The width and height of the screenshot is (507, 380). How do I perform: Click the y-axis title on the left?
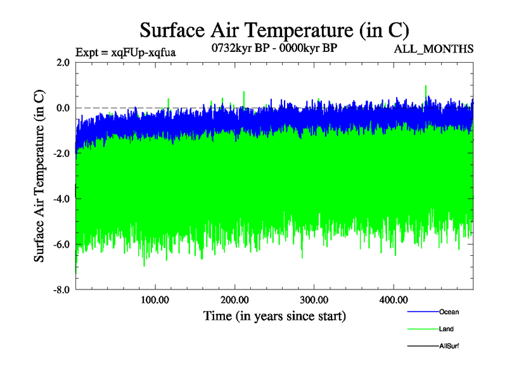point(39,175)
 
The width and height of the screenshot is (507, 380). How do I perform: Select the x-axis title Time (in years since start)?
point(274,315)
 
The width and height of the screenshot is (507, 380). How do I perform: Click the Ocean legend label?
point(449,312)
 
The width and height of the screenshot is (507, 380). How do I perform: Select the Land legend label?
point(446,329)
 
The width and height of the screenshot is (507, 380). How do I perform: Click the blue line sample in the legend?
point(421,312)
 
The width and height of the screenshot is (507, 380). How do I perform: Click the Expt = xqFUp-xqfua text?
point(125,53)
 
